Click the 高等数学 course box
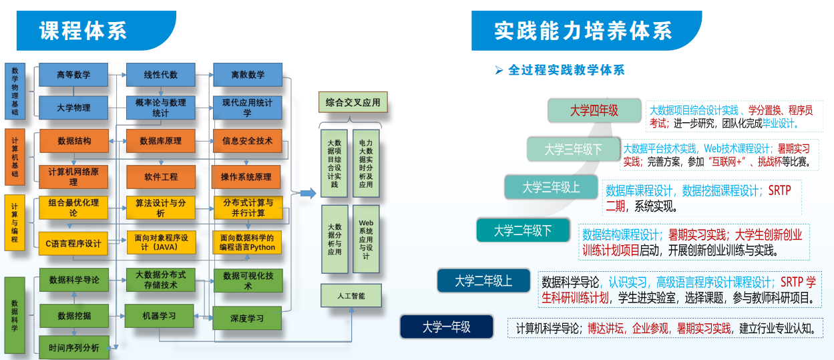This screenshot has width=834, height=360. point(73,75)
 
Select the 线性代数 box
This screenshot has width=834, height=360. point(160,75)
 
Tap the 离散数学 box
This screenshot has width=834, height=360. point(247,75)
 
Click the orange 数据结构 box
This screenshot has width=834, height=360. point(73,141)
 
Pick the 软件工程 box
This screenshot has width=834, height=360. point(160,177)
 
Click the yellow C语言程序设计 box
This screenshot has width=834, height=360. point(73,243)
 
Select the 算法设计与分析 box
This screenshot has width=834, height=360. point(160,208)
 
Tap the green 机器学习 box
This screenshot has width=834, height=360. point(159,315)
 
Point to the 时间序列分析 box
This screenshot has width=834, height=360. point(73,348)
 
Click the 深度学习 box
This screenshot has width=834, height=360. point(247,318)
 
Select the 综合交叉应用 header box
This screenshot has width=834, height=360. point(353,103)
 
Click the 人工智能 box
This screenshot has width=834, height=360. point(353,295)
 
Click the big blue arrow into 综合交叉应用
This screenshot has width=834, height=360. point(306,194)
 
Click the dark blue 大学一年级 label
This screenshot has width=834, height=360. point(446,327)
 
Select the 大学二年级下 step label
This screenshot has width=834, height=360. point(523,230)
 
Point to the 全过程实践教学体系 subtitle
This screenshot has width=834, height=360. point(566,69)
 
